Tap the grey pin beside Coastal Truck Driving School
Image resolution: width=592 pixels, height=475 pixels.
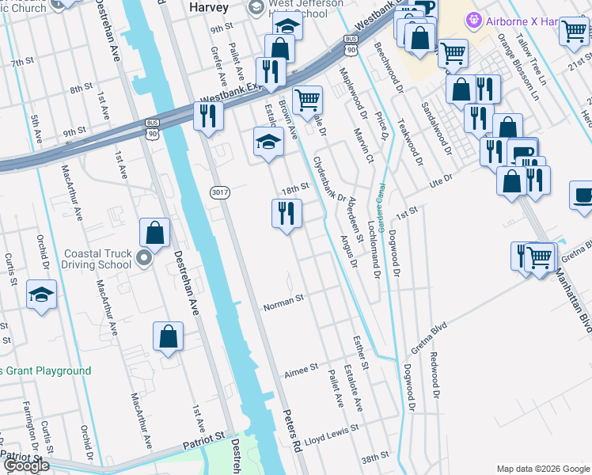pos(143,258)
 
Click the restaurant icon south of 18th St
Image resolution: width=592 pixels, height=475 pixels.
pos(287,213)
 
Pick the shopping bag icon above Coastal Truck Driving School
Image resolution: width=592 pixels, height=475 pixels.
pos(155,233)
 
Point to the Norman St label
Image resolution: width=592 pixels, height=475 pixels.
pos(283,302)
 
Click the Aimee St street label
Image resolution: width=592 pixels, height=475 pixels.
pos(301,368)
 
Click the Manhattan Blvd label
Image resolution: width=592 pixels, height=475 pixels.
pos(571,294)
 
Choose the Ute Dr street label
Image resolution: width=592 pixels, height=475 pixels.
pos(440,182)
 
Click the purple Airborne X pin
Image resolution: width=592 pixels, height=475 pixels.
pos(474,19)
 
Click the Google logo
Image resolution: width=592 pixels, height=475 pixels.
pos(25,465)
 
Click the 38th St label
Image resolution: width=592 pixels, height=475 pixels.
pos(375,458)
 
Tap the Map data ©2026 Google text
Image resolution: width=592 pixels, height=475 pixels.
pos(542,469)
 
